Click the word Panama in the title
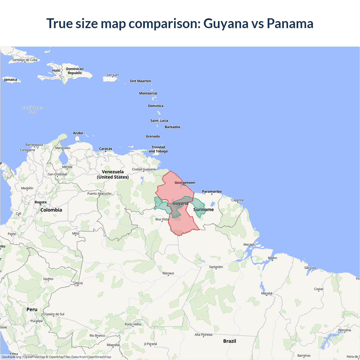click(290, 23)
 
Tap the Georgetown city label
click(185, 183)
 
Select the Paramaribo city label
click(212, 192)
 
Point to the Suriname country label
click(203, 210)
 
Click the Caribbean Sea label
click(32, 110)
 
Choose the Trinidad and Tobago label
click(158, 149)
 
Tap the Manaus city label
click(168, 273)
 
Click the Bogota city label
click(40, 202)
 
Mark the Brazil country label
click(229, 341)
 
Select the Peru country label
click(32, 309)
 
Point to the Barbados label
click(172, 127)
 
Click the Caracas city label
click(105, 148)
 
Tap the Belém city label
click(272, 258)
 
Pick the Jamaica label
click(11, 80)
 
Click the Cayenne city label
click(237, 200)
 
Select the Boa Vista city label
click(162, 219)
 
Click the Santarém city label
click(216, 267)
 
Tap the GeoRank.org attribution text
click(11, 357)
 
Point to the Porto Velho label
click(133, 324)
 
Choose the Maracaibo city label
click(63, 148)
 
